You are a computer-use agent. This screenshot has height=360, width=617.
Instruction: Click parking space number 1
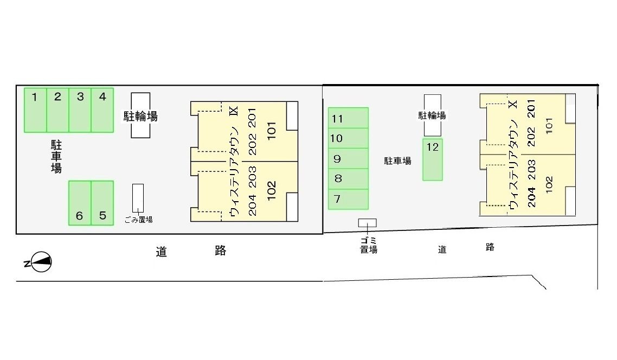coord(35,110)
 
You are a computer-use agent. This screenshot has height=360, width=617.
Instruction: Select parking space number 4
coord(102,110)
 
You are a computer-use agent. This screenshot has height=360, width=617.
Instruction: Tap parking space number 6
coord(80,203)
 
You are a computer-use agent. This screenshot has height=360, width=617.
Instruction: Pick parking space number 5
coord(102,203)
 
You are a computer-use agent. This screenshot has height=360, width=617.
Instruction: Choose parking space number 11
coord(348,118)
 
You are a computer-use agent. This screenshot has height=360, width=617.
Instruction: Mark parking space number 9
coord(348,158)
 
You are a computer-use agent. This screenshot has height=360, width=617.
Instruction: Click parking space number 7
coord(348,199)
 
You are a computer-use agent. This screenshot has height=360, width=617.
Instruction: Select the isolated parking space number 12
coord(433,160)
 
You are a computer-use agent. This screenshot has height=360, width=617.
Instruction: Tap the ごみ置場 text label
coord(138,220)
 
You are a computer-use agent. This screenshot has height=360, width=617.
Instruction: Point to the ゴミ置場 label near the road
coord(369,245)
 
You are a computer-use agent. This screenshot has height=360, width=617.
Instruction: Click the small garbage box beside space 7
coord(367,223)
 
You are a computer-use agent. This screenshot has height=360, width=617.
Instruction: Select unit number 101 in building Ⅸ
coord(272,131)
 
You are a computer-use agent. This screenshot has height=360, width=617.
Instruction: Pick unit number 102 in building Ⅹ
coord(549,184)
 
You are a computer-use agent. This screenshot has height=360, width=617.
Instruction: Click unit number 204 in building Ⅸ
coord(252,206)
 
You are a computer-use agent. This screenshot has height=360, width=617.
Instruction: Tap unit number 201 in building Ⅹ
coord(531,108)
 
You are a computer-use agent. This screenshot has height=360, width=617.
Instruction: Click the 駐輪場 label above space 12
coord(432,115)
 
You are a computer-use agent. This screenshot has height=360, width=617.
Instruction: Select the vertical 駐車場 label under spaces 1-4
coord(56,157)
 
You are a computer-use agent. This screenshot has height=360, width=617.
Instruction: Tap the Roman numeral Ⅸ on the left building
coord(234,111)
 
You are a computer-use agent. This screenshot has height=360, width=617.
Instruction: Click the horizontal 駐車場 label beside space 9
coord(398,160)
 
